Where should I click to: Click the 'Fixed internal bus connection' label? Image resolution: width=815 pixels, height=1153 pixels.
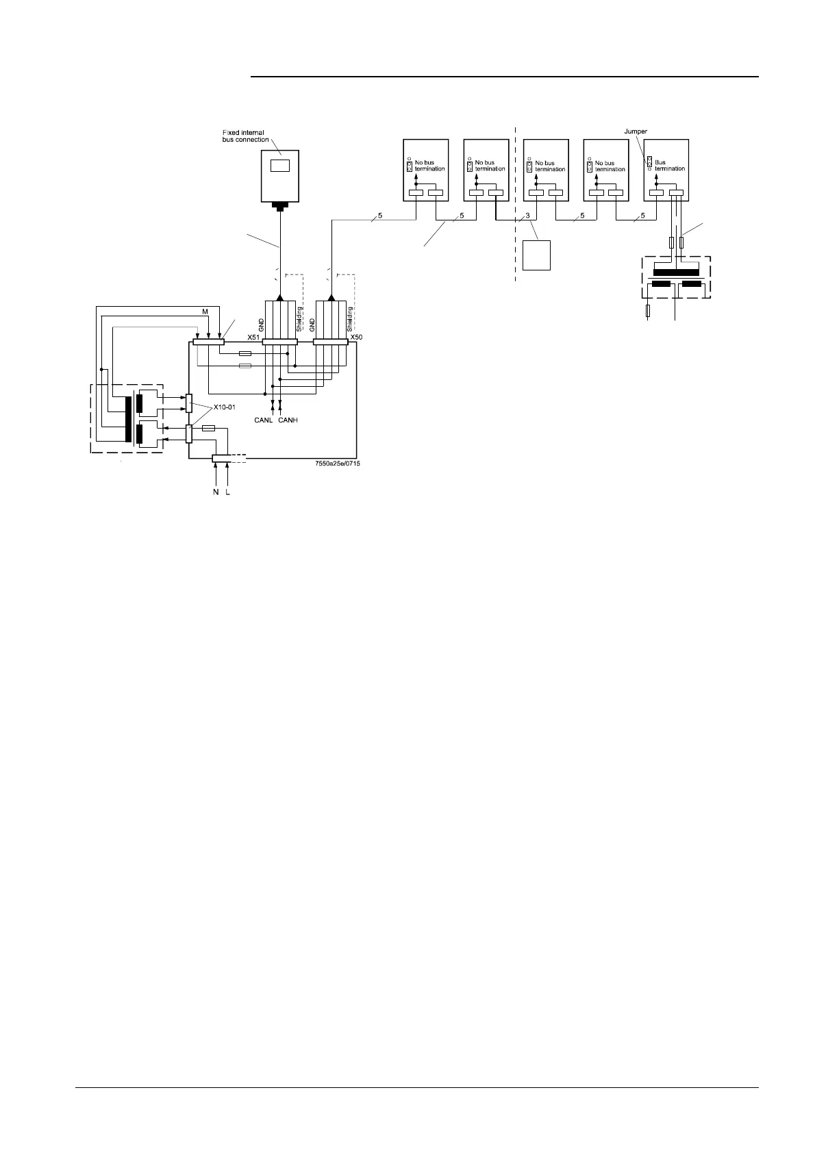click(243, 136)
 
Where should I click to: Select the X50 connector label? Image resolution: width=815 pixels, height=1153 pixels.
click(355, 338)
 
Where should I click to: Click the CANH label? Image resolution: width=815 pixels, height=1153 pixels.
click(288, 420)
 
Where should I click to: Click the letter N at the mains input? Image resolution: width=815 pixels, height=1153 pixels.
click(216, 492)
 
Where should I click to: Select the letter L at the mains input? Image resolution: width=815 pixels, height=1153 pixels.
click(227, 492)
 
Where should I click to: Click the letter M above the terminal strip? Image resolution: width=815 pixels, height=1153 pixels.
click(204, 312)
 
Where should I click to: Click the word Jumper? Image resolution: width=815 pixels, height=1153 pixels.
click(636, 131)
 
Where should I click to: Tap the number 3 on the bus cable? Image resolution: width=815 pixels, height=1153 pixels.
click(527, 216)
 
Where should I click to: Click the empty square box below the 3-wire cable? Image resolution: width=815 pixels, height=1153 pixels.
click(536, 255)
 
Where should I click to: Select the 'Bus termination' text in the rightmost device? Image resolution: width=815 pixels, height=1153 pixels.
click(670, 166)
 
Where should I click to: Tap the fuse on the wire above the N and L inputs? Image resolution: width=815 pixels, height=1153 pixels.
click(209, 428)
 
